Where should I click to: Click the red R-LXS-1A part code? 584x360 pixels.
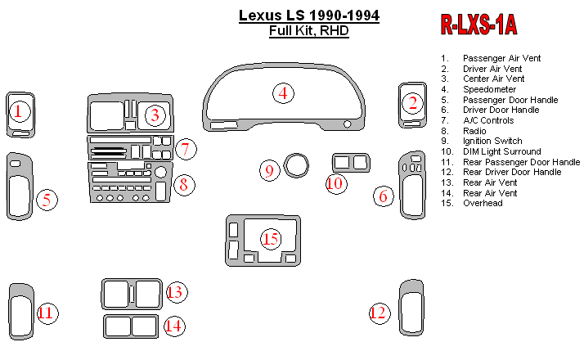click(x=479, y=25)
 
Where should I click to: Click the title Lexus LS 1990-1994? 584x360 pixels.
click(x=308, y=16)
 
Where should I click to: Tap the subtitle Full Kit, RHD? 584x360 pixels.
click(x=308, y=32)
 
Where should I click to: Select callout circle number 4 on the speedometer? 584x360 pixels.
click(x=283, y=93)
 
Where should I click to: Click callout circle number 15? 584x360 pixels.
click(x=271, y=238)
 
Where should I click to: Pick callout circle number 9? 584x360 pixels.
click(x=269, y=171)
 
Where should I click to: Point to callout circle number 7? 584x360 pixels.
click(x=186, y=149)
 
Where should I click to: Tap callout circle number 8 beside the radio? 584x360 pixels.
click(x=184, y=184)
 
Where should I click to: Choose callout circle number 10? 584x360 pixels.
click(x=335, y=183)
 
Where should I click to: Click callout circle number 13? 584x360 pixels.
click(x=176, y=292)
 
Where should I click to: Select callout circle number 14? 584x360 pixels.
click(x=173, y=326)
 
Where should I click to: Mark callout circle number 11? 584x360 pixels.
click(x=47, y=312)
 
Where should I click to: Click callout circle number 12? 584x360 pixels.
click(x=378, y=312)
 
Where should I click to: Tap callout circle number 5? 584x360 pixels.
click(x=47, y=199)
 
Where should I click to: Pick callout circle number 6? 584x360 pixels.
click(x=384, y=196)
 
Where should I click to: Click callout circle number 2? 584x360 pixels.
click(x=413, y=103)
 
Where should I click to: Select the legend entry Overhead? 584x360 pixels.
click(x=483, y=203)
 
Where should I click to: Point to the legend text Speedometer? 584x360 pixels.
click(x=488, y=89)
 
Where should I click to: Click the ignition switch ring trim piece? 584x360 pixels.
click(x=297, y=166)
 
